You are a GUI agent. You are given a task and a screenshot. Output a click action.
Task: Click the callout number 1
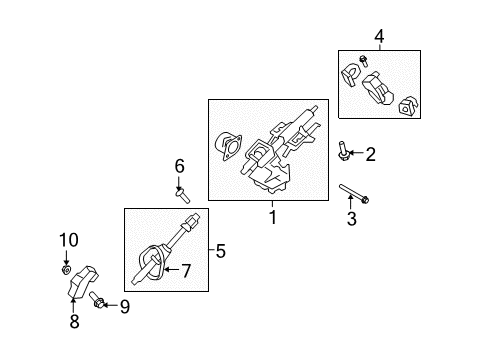[x=271, y=215]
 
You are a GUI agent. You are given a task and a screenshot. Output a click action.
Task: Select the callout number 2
[x=370, y=154]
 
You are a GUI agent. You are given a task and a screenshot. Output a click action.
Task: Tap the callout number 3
[x=351, y=219]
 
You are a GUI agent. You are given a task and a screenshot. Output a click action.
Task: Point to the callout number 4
[x=379, y=38]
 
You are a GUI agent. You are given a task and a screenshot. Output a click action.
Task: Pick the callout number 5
[x=222, y=250]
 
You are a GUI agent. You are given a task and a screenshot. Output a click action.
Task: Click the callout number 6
[x=180, y=164]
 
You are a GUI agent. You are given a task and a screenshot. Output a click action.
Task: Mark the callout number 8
[x=73, y=322]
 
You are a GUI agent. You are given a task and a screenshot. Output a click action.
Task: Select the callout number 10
[x=67, y=239]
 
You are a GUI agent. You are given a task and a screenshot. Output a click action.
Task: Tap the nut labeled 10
[x=66, y=269]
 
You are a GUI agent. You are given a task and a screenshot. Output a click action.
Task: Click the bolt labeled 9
[x=100, y=304]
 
